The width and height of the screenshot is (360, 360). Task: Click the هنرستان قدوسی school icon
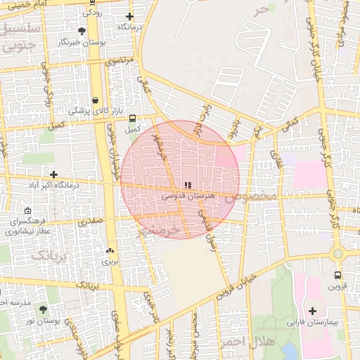coord(186,185)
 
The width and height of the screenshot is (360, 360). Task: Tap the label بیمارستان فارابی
coord(312,323)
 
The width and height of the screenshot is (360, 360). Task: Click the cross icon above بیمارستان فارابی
coord(312,311)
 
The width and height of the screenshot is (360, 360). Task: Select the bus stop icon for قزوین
coord(338,275)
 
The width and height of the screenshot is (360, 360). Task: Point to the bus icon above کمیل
coord(132,118)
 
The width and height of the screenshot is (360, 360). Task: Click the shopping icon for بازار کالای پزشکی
coord(94,100)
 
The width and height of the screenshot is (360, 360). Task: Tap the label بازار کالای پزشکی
coord(95,111)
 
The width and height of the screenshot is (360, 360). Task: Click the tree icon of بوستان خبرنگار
coord(82,31)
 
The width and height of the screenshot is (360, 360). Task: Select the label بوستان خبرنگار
coord(83,42)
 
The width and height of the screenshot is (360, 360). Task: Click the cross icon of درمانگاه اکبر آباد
coord(53,174)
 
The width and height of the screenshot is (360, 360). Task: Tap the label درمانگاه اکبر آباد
coord(53,185)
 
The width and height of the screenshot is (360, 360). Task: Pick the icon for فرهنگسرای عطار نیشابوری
coord(27,210)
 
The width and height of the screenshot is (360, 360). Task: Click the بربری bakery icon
coord(109,250)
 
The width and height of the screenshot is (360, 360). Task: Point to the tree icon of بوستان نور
coord(43,309)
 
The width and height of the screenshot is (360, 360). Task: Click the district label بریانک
coord(49,254)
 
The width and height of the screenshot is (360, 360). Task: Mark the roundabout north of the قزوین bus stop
coord(337,253)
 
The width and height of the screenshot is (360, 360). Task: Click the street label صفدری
coord(91,221)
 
